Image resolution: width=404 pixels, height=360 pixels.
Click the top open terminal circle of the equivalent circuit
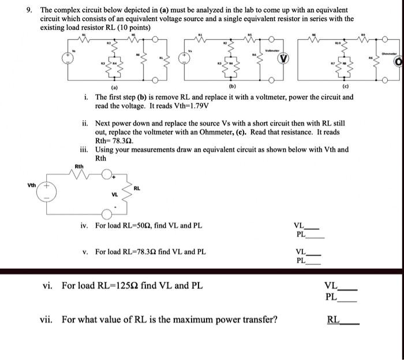tap(107, 174)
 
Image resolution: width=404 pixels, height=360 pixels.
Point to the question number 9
tap(29, 10)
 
